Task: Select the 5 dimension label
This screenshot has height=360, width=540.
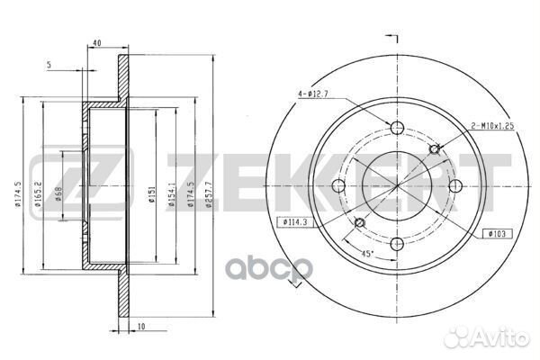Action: (x=49, y=64)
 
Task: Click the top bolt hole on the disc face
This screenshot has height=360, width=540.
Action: (x=396, y=127)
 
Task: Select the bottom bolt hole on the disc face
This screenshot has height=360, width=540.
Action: (x=396, y=244)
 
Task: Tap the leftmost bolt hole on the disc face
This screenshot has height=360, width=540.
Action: (x=338, y=185)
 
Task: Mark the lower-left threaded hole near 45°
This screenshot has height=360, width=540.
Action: (x=358, y=222)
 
